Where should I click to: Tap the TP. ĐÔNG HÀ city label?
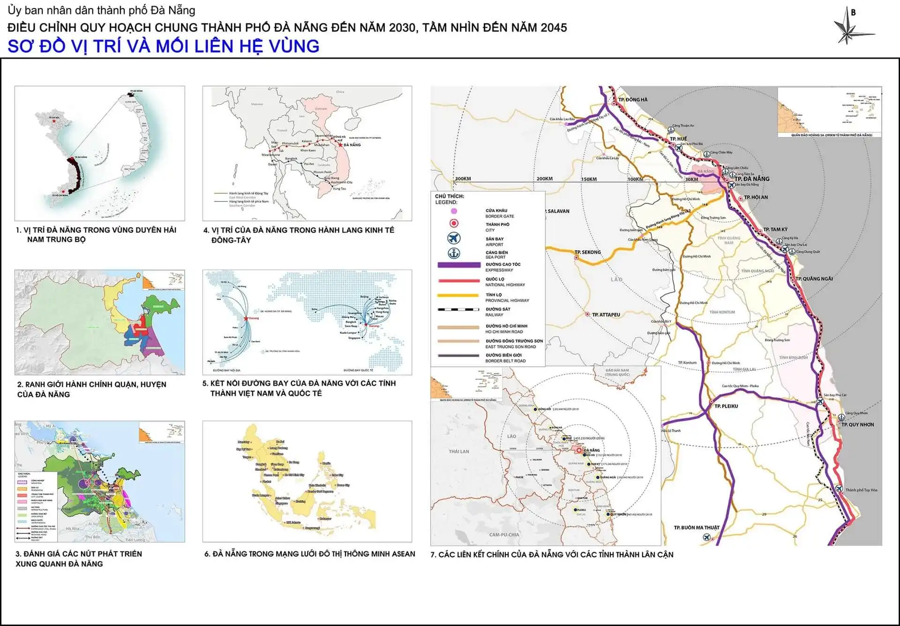click(x=632, y=99)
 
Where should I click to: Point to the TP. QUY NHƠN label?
click(x=857, y=424)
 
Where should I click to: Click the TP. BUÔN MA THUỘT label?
click(x=696, y=528)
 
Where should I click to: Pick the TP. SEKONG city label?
click(x=587, y=252)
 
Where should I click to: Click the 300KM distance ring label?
click(x=463, y=179)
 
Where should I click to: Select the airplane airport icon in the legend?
click(x=454, y=238)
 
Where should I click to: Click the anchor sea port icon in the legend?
click(x=454, y=254)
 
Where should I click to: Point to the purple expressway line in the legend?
click(x=458, y=265)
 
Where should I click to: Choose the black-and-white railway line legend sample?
click(x=458, y=309)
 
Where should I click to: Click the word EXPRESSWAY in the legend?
click(x=499, y=270)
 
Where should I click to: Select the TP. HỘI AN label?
click(x=756, y=197)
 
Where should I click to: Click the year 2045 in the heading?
click(x=554, y=28)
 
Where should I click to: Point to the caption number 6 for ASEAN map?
click(x=207, y=554)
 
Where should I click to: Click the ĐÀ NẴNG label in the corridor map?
click(x=352, y=145)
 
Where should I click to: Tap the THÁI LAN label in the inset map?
click(x=458, y=452)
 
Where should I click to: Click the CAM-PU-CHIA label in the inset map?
click(x=504, y=535)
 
